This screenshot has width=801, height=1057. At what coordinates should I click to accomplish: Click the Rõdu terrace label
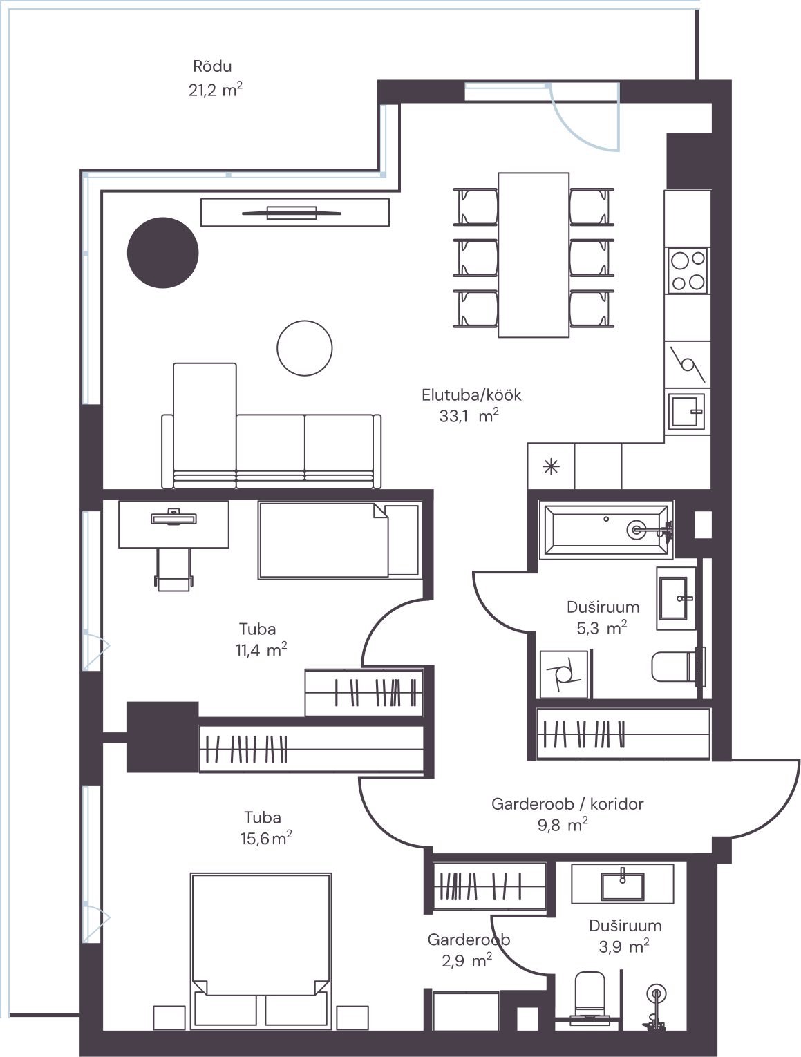[212, 66]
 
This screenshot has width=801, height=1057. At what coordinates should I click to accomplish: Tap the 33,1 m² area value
[469, 415]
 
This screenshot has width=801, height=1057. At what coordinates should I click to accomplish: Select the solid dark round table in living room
[163, 253]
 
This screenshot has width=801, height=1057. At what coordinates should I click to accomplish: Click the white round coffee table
[304, 347]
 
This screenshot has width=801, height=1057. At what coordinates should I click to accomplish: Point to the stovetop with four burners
[688, 271]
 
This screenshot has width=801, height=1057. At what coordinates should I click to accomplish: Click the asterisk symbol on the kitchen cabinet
[551, 466]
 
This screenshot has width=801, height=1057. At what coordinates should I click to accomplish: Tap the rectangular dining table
[534, 255]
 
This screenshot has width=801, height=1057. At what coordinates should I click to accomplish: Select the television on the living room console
[292, 212]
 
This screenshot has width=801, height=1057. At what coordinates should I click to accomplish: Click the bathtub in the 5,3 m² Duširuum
[606, 530]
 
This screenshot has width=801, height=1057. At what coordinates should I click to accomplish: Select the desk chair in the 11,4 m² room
[173, 569]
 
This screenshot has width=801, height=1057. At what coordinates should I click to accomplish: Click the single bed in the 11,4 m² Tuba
[340, 540]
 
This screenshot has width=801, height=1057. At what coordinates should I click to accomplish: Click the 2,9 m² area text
[467, 961]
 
